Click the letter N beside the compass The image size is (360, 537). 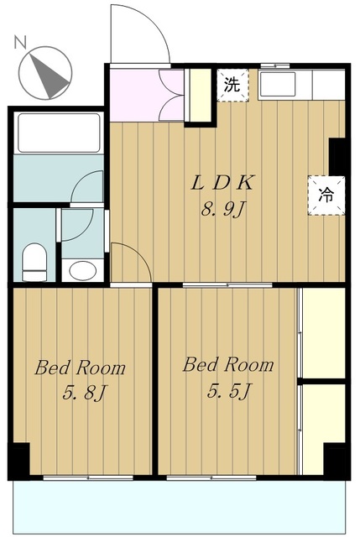point(20,42)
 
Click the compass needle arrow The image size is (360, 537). point(49,75)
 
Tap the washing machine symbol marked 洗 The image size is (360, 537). point(232,85)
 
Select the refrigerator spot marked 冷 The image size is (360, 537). point(326,196)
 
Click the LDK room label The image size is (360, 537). point(223,183)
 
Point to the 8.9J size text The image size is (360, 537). point(224,209)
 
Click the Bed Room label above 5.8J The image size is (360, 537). point(81,368)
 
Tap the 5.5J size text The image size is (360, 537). point(230,391)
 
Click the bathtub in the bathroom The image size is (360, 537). point(59,133)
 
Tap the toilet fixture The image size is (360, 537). point(34,263)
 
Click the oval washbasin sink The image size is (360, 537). point(82,270)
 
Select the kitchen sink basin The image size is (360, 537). point(278,84)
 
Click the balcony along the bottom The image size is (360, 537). point(179,507)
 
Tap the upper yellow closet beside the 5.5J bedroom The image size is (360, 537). point(324,333)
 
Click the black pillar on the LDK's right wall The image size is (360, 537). point(337,156)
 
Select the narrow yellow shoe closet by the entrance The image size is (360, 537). point(200,95)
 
